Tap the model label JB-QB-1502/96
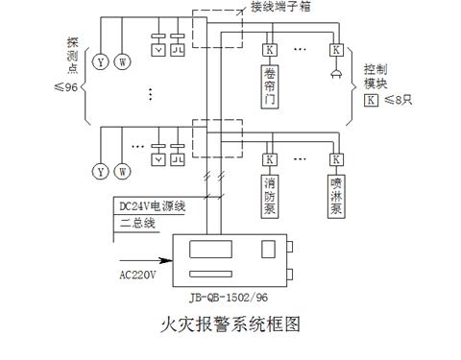point(230,297)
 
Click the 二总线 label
point(136,222)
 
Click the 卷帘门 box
point(270,85)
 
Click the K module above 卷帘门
point(270,49)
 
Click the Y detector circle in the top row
point(99,62)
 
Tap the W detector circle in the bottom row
point(122,171)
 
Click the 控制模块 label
point(376,77)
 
